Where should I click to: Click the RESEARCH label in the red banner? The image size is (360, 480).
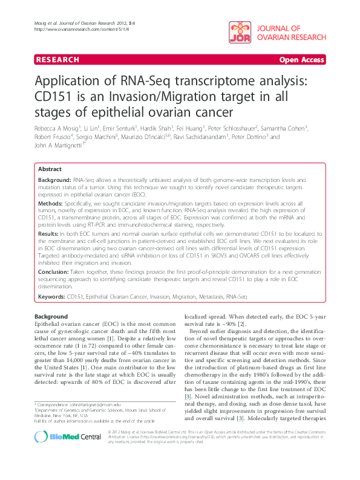(x=57, y=60)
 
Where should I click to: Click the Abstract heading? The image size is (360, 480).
(x=50, y=169)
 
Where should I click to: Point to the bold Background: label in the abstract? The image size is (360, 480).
(x=54, y=181)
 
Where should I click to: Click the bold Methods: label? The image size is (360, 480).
(x=51, y=205)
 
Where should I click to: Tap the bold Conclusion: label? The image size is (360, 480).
(x=54, y=273)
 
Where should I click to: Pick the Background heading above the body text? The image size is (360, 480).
(x=51, y=317)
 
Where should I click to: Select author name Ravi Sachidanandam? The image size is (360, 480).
(x=200, y=137)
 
